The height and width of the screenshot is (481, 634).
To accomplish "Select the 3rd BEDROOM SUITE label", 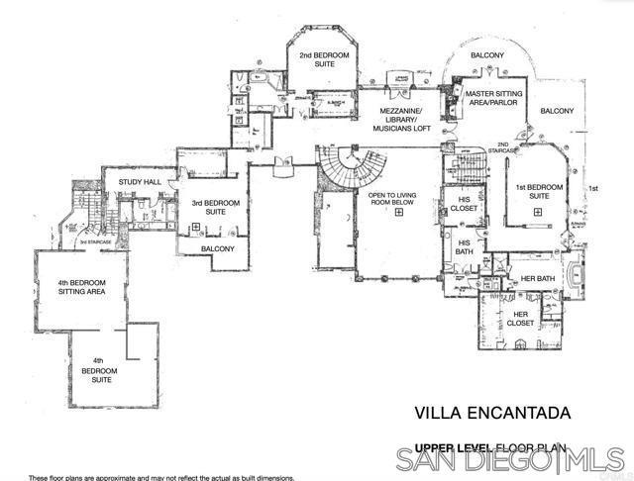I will [x=208, y=208].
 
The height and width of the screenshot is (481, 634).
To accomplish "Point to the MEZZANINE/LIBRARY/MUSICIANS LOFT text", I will [x=402, y=119].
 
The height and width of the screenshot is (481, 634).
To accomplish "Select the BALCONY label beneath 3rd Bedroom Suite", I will [x=217, y=248].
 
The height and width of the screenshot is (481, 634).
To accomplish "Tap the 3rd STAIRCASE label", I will [x=94, y=241].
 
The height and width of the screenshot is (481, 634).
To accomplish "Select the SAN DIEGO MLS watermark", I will [x=509, y=459].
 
